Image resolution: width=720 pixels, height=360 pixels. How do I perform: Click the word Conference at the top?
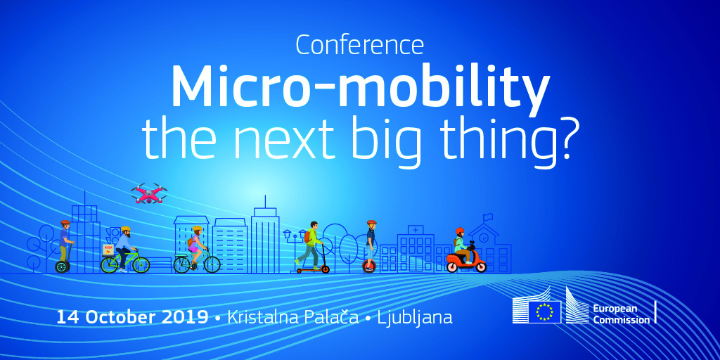tap(359, 44)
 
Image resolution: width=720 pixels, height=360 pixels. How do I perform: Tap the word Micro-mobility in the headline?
tap(361, 89)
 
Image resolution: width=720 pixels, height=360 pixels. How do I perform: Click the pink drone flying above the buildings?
tap(149, 193)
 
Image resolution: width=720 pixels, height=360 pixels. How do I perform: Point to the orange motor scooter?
tap(466, 262)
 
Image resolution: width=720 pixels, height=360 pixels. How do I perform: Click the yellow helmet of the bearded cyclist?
tap(125, 229)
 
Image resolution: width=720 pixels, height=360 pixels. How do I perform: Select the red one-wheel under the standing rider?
tap(368, 266)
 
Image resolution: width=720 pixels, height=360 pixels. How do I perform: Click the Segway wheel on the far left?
tap(62, 266)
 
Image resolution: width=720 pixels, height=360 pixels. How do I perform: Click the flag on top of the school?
tap(488, 217)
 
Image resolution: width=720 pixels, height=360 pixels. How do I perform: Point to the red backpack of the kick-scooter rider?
tap(307, 236)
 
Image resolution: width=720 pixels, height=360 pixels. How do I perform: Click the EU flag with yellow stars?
tap(544, 312)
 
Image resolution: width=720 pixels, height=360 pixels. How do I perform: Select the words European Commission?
tap(622, 314)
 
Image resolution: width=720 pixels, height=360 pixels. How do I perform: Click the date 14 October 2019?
tap(132, 318)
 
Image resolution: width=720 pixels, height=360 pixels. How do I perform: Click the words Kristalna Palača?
tap(293, 317)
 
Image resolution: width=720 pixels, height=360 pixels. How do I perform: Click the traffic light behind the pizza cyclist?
tap(112, 235)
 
